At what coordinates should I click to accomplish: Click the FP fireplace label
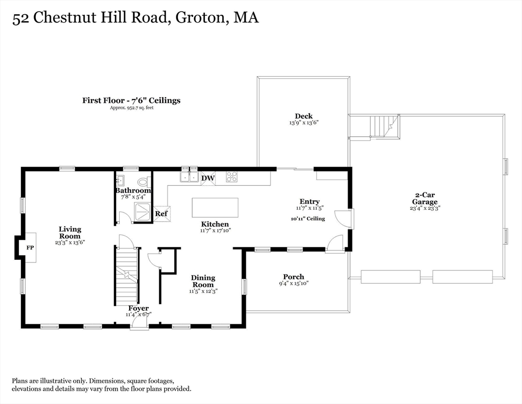tap(30, 247)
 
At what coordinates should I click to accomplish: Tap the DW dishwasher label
tap(208, 178)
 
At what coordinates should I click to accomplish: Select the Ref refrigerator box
tap(161, 214)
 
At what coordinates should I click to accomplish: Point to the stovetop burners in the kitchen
tap(231, 177)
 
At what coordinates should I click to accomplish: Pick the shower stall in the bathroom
tap(141, 212)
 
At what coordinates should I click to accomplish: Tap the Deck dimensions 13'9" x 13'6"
tap(304, 123)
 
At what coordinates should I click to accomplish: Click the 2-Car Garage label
tap(425, 198)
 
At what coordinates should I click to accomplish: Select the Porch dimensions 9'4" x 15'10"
tap(293, 284)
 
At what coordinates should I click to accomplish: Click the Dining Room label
tap(203, 281)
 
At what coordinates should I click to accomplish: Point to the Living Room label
tap(69, 233)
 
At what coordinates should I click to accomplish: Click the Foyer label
tap(139, 308)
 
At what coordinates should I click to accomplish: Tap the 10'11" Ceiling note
tap(308, 218)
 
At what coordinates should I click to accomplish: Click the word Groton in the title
tap(196, 18)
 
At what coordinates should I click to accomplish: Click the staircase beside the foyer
tap(127, 276)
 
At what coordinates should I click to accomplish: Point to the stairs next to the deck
tap(382, 126)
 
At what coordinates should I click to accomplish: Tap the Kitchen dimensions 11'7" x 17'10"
tap(215, 230)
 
